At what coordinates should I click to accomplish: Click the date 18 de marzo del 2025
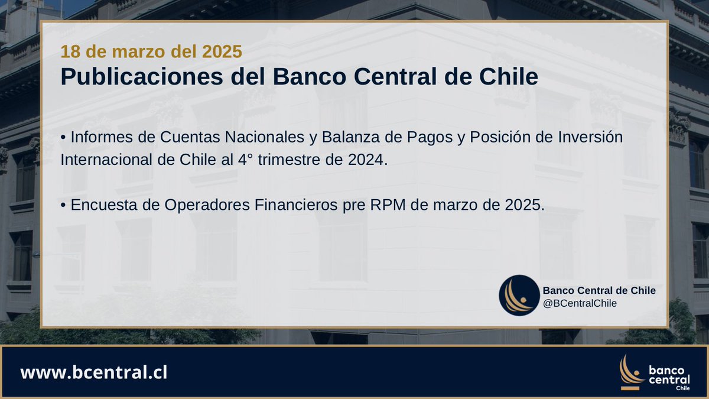[151, 51]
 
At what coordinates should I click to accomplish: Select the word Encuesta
[104, 204]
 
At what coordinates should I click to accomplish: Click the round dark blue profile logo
[519, 296]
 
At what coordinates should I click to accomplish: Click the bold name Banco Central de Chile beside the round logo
[599, 290]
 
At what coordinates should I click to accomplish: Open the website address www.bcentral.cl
[94, 373]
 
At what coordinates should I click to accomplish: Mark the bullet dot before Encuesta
[63, 205]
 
